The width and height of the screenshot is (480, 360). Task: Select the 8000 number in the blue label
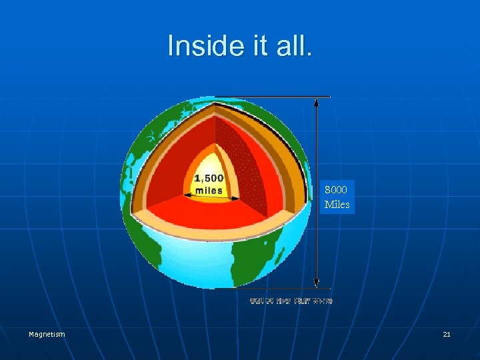click(x=335, y=190)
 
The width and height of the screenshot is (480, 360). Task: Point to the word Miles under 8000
click(x=337, y=205)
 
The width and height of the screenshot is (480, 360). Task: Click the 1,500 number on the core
click(x=209, y=178)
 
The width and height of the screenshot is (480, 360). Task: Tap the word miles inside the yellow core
click(x=209, y=190)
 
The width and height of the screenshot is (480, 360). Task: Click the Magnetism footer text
click(x=47, y=334)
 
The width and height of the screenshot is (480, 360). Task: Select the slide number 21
click(x=447, y=334)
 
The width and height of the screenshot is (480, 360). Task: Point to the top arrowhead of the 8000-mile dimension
click(x=316, y=101)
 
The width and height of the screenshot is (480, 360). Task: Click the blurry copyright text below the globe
click(x=291, y=301)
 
